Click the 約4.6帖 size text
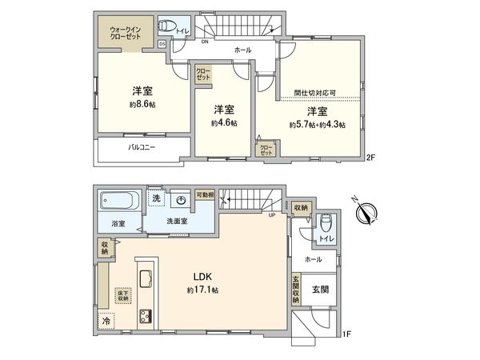click(x=223, y=123)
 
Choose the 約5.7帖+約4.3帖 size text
click(x=318, y=126)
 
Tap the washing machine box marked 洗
click(x=156, y=198)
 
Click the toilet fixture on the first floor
click(x=326, y=225)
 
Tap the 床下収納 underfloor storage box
click(x=122, y=294)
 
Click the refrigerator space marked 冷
click(x=106, y=321)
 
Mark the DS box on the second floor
click(x=162, y=43)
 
